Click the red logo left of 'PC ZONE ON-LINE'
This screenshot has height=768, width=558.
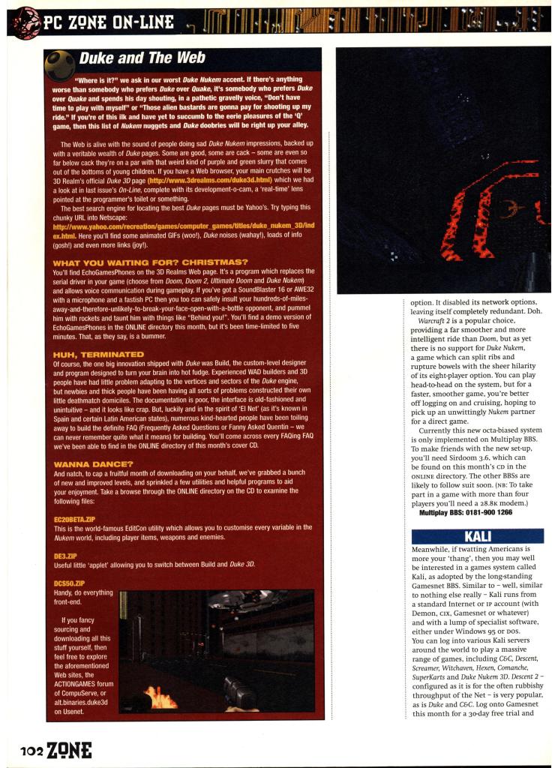(26, 22)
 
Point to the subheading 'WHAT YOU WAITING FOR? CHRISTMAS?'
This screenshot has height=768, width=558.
(150, 262)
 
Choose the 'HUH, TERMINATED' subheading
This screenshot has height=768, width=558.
(98, 353)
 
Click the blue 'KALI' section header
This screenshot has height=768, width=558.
(478, 536)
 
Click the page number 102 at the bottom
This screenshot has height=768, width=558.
(32, 748)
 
